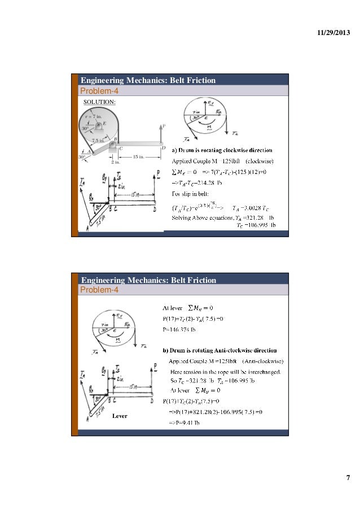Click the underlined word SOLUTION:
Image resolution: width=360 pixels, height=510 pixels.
point(99,102)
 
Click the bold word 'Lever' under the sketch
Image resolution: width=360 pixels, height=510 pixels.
point(121,416)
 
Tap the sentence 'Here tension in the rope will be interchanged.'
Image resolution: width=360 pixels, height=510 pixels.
point(219,371)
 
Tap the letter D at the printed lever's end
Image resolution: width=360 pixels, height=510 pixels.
point(163,149)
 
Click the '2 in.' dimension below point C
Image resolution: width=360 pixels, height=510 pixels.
point(115,161)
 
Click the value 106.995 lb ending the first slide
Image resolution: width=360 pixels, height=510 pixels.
point(258,225)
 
